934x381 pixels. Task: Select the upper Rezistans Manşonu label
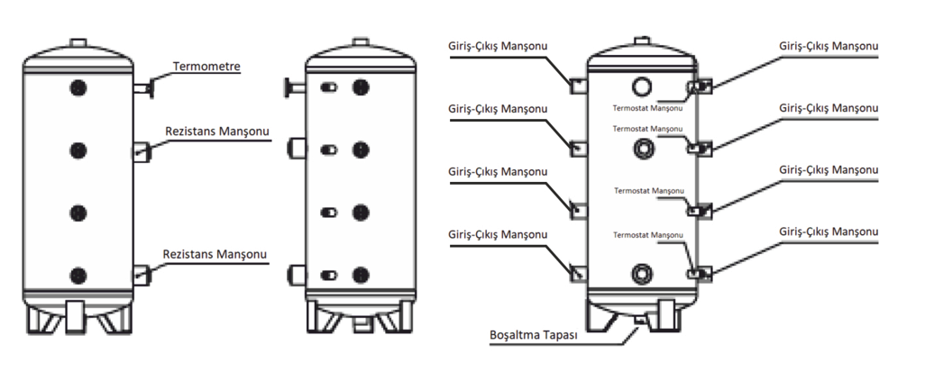coord(217,132)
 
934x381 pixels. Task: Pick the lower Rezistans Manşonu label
coord(215,255)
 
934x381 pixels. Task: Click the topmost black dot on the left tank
coord(78,88)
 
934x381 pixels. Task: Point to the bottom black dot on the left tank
coord(78,275)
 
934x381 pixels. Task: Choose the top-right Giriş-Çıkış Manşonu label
coord(828,46)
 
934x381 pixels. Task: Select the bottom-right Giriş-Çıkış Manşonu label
coord(828,233)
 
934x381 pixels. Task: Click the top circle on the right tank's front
coord(642,86)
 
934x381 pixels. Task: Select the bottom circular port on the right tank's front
coord(642,273)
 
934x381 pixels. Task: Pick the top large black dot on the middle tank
coord(362,87)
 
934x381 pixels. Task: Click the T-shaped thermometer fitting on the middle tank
coord(290,87)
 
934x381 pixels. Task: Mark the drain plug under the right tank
coord(641,320)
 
